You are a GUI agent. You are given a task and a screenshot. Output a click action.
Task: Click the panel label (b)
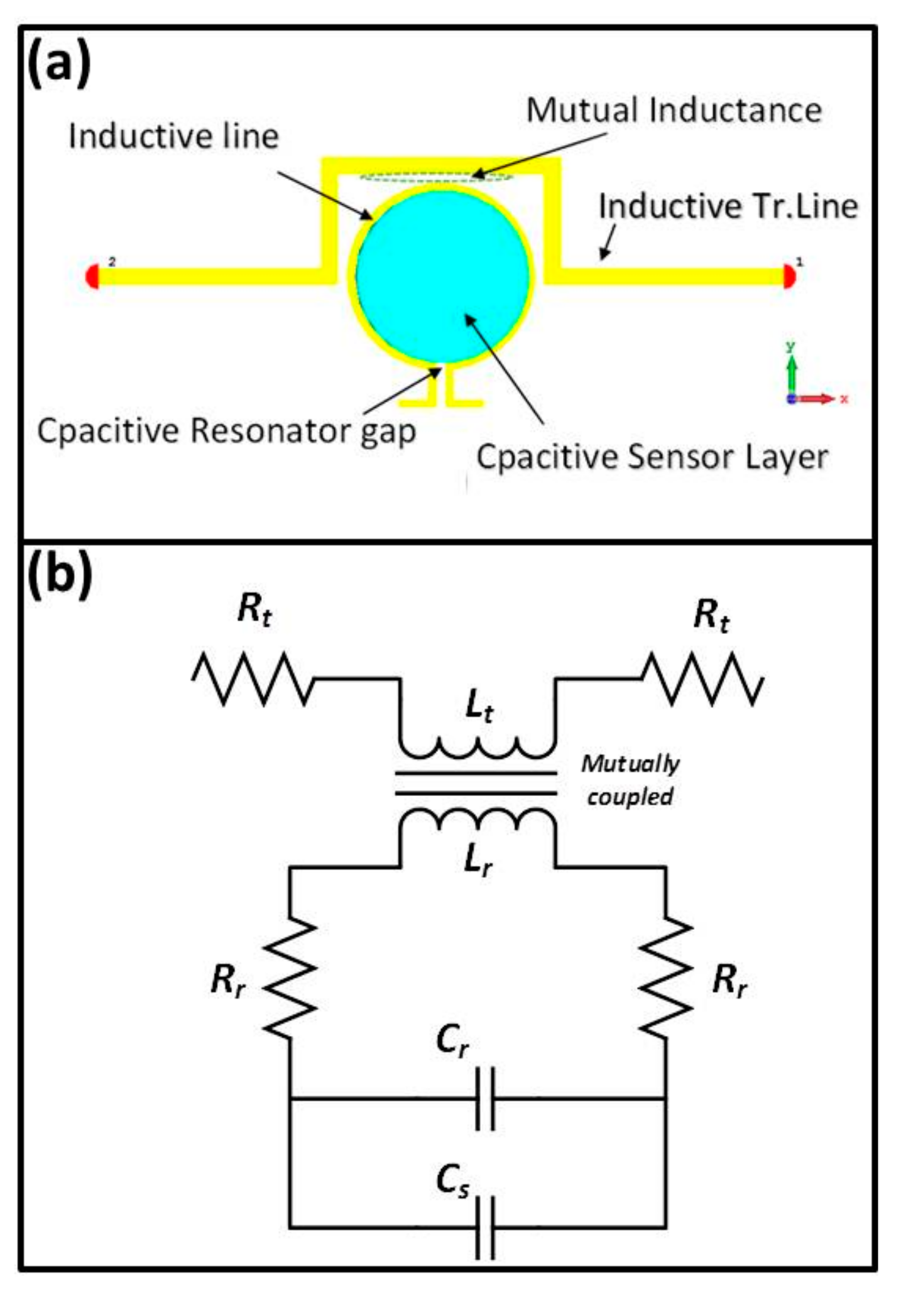coord(59,574)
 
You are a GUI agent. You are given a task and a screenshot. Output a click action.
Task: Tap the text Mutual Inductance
coord(674,111)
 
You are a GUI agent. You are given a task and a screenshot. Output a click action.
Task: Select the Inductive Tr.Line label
coord(728,206)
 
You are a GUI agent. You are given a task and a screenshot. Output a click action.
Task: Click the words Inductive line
coord(173,136)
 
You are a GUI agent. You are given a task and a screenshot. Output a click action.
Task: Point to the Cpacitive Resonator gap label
coord(226,432)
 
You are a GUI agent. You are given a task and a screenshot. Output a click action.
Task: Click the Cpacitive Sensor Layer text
coord(652,457)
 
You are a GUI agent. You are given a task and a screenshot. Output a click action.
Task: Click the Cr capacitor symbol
coord(484,1099)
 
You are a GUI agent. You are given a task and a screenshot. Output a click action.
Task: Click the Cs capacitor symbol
coord(484,1227)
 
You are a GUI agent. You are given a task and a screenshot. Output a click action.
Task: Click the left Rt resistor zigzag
coord(253,678)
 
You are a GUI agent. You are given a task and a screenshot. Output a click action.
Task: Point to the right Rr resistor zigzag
coord(666,977)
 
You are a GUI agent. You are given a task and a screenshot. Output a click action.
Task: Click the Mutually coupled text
coord(630,780)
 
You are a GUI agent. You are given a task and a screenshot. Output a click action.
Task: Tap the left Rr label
coord(227,980)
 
